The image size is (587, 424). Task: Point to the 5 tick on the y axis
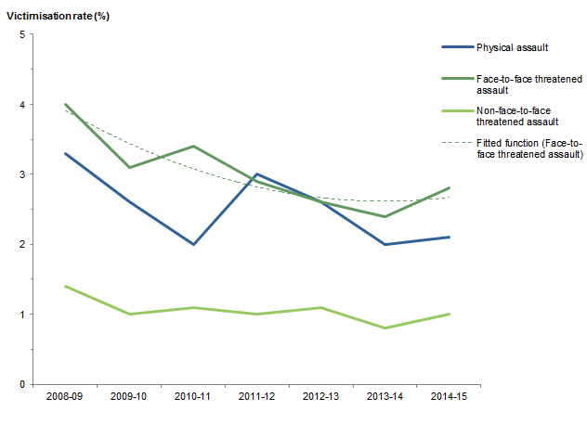coord(21,34)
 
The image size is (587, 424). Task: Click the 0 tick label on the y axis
coord(21,384)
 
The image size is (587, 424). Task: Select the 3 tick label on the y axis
coord(21,174)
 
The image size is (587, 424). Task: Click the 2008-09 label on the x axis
coord(64,398)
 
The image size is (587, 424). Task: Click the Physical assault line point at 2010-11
coord(193,244)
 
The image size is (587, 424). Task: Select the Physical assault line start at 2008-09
coord(64,153)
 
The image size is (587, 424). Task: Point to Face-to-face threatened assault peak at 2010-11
coord(193,146)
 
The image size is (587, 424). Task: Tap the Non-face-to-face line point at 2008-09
coord(64,286)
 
